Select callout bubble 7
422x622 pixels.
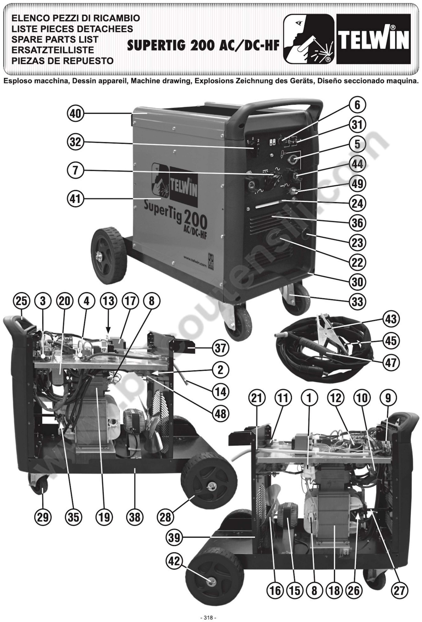point(75,170)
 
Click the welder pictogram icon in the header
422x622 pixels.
point(308,39)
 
